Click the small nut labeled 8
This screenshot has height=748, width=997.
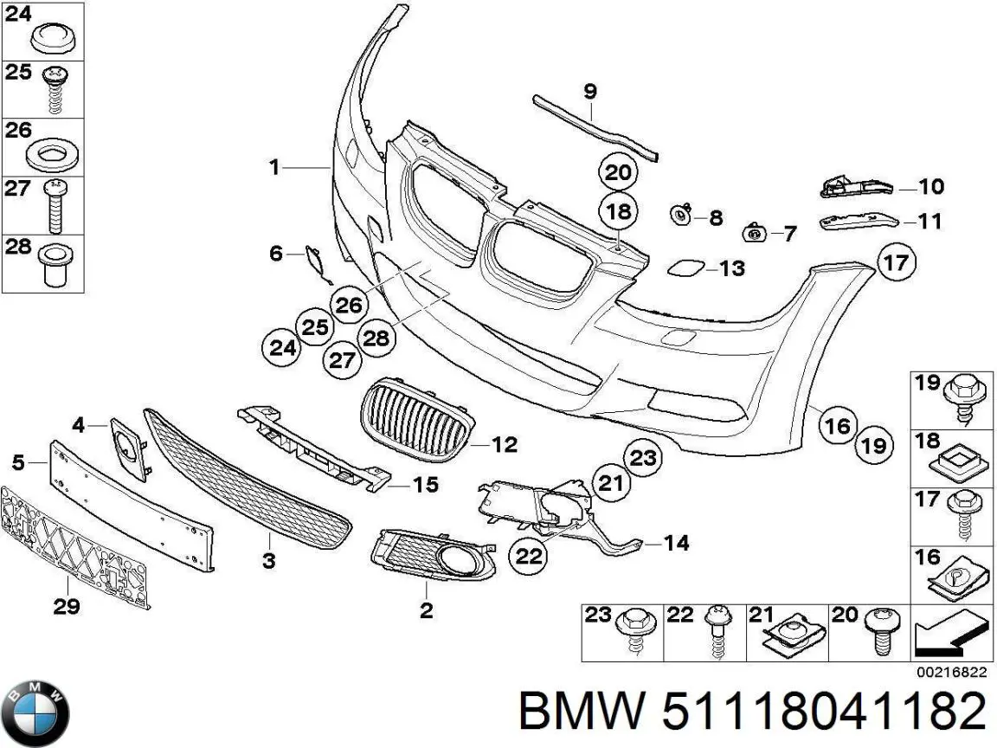pyautogui.click(x=681, y=214)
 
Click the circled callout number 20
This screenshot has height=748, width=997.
pyautogui.click(x=618, y=172)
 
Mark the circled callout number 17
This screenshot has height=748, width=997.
pyautogui.click(x=896, y=261)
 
